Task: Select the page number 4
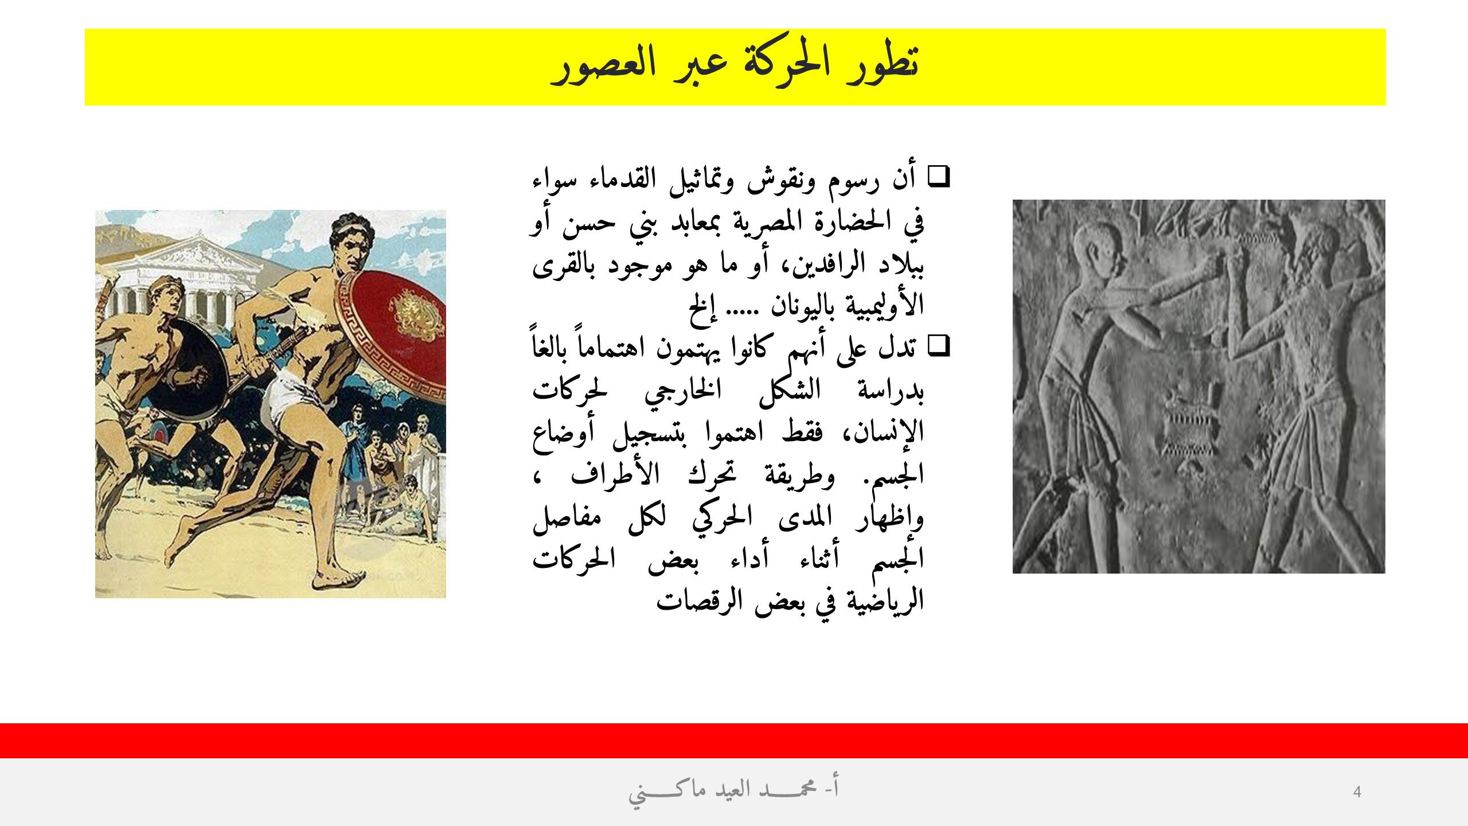pyautogui.click(x=1357, y=792)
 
